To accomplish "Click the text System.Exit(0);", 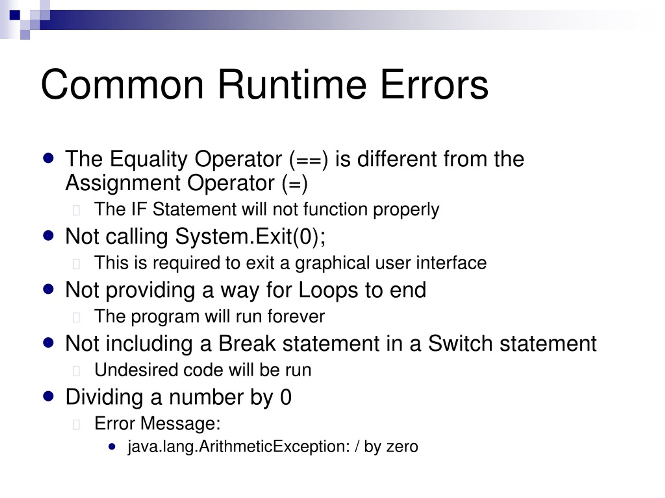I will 250,236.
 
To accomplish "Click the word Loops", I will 328,290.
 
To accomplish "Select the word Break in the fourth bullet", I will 247,343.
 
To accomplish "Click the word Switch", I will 460,343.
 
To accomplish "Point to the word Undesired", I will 136,370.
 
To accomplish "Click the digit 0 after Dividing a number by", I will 285,397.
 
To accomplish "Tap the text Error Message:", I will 157,423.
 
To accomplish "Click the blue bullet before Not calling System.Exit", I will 48,236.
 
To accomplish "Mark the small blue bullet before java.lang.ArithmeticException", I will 112,447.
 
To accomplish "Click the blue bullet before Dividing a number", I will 48,396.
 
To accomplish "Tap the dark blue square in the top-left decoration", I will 15,15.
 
